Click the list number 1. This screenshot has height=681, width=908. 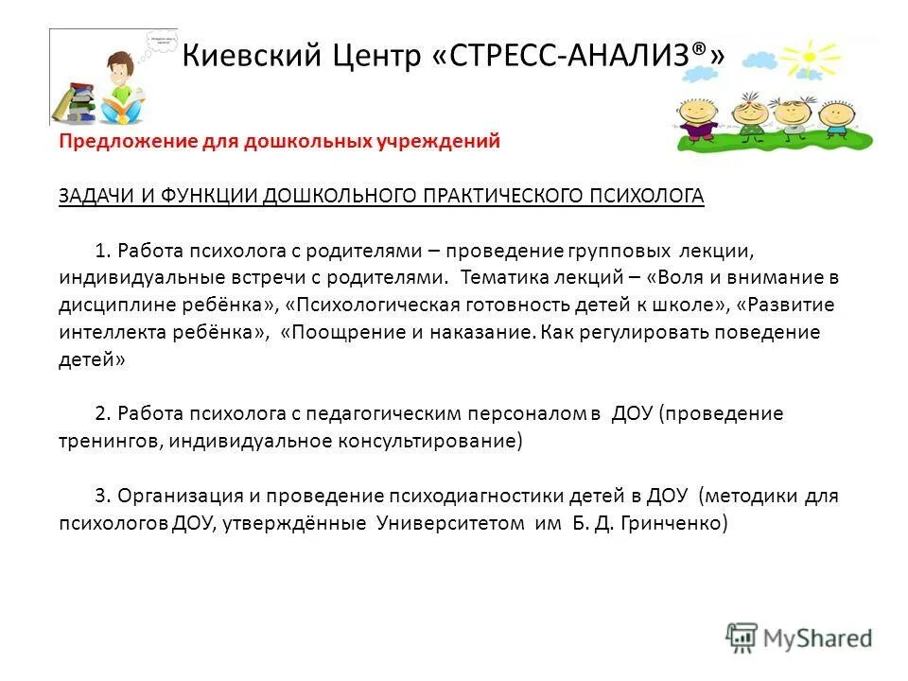(104, 251)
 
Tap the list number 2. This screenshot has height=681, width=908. (104, 414)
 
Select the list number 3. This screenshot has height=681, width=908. (104, 497)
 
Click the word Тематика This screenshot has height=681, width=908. (508, 278)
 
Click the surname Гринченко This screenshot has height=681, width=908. (673, 524)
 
